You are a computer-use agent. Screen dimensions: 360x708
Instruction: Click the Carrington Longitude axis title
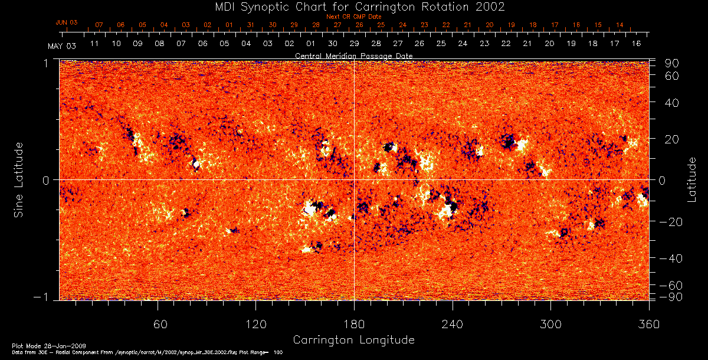[x=353, y=340]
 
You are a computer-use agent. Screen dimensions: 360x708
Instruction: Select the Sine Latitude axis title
[x=18, y=179]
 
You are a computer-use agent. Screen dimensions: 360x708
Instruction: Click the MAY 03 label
[x=61, y=46]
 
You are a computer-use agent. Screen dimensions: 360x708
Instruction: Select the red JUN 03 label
[x=67, y=22]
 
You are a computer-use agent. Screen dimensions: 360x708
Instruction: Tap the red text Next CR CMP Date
[x=353, y=17]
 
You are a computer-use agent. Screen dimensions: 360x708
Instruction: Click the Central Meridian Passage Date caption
[x=353, y=55]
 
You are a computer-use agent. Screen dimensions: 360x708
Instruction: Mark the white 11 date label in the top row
[x=94, y=44]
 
